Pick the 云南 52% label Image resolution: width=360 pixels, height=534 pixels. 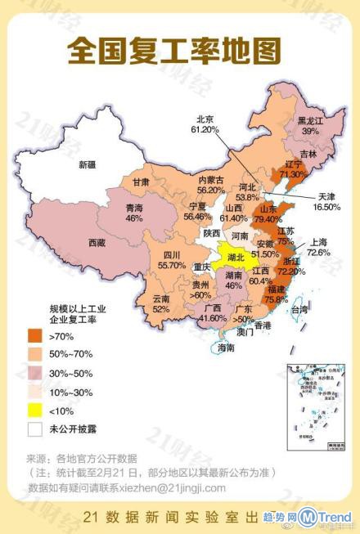[x=160, y=304]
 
